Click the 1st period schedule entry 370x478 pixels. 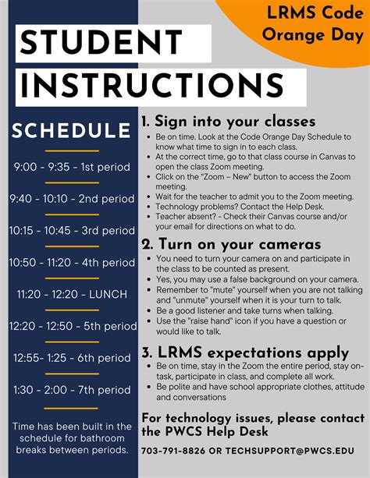70,166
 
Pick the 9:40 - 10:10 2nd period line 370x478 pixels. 70,198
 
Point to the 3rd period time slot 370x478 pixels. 70,230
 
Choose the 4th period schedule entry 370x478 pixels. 70,262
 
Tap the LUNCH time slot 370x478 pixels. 70,294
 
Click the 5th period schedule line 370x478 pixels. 70,326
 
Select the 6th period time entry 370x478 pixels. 70,358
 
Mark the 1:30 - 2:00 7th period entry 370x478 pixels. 70,389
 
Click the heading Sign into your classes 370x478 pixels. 228,122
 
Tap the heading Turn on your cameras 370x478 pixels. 231,244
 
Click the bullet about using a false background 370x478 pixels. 257,279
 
